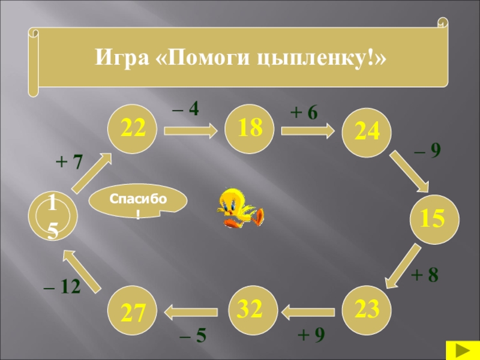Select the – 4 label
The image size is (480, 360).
point(185,109)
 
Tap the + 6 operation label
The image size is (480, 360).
point(304,112)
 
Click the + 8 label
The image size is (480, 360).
point(425,275)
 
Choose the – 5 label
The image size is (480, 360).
point(193,336)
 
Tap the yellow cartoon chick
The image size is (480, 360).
point(239,207)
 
